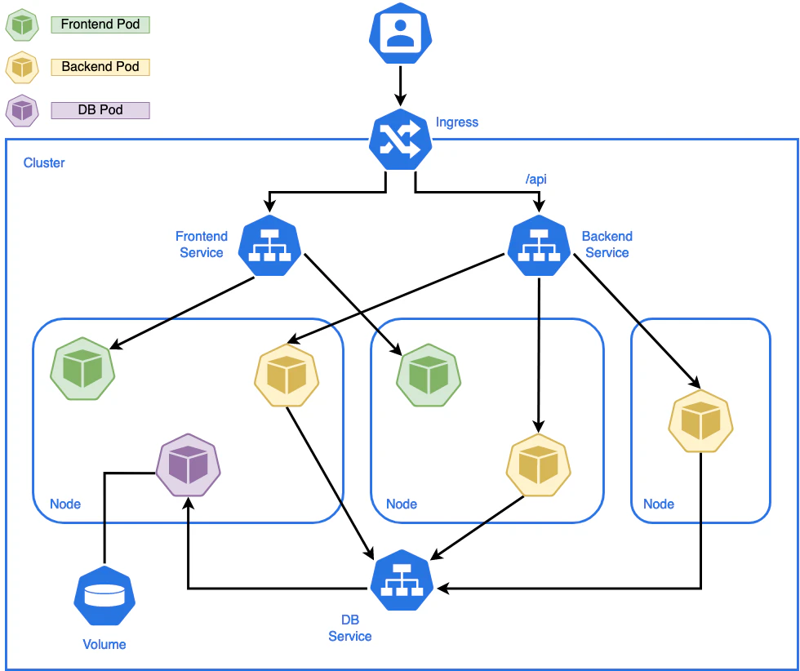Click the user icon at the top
tap(401, 33)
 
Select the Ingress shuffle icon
tap(401, 139)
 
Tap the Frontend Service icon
tap(269, 245)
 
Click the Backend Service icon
tap(539, 245)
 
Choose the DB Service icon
tap(402, 580)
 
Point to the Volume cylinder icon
tap(104, 595)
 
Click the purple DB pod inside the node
tap(189, 464)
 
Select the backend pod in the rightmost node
tap(701, 421)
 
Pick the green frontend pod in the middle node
tap(429, 375)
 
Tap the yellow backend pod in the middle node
tap(538, 464)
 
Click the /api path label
tap(536, 179)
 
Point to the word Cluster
tap(44, 162)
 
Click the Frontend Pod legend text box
tap(100, 24)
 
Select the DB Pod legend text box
tap(100, 110)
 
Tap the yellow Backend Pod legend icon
tap(23, 68)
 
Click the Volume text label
tap(104, 644)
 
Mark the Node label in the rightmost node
tap(659, 504)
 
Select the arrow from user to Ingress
tap(401, 86)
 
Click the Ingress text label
tap(457, 122)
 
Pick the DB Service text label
tap(350, 628)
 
